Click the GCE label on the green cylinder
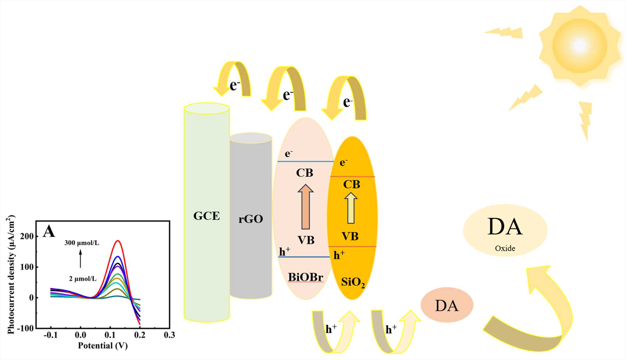207,216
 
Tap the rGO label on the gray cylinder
250,219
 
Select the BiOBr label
305,277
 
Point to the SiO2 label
353,282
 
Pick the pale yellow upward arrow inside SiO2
351,208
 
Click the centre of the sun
579,46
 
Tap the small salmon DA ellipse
447,305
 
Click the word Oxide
505,248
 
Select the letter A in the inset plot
49,232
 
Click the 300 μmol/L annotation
82,243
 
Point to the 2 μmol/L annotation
83,279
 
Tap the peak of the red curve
118,241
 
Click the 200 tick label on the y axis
27,236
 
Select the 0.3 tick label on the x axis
169,335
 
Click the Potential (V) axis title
103,346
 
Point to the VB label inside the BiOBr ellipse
306,240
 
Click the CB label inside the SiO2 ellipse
351,185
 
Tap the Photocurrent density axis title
11,275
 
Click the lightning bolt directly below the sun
585,120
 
